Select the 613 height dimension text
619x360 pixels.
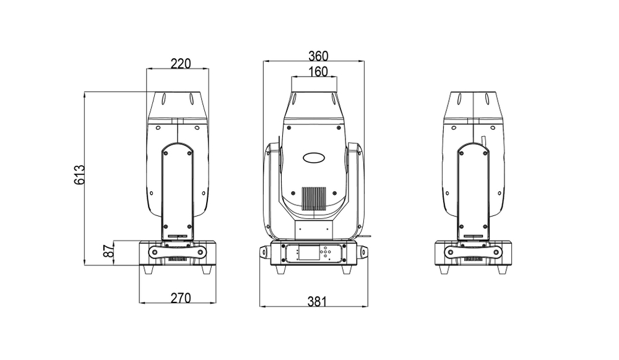[x=79, y=178]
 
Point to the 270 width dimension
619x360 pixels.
[x=180, y=298]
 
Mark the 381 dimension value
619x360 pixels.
[x=316, y=301]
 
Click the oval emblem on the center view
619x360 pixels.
[x=314, y=158]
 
